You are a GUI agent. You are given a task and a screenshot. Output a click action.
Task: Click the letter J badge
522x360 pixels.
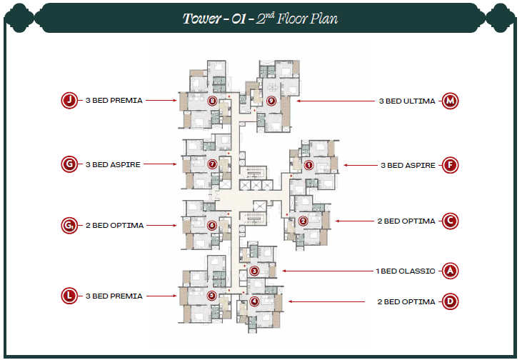[x=69, y=101]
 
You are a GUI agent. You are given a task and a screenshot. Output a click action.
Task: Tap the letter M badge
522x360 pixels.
[x=450, y=101]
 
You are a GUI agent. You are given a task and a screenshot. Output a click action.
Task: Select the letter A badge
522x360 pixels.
[x=450, y=271]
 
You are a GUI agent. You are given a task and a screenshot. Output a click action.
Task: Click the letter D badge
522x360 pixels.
[x=450, y=302]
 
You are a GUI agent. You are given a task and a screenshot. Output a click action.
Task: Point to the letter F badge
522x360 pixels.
[x=450, y=165]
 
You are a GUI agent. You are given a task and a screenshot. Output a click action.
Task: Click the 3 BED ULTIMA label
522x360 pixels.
[x=406, y=101]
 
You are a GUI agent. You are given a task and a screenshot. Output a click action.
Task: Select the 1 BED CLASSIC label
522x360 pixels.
[x=406, y=271]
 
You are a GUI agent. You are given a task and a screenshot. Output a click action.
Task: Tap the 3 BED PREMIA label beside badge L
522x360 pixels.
[x=114, y=296]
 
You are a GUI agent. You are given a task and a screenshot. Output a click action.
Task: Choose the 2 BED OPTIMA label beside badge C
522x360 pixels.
[x=406, y=221]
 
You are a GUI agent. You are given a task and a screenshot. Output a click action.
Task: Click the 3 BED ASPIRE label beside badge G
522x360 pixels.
[x=113, y=164]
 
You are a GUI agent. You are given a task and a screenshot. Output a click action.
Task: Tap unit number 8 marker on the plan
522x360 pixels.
[x=212, y=101]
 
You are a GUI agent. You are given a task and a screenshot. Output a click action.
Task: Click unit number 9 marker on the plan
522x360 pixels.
[x=271, y=101]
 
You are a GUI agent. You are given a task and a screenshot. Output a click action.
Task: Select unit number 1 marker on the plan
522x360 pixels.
[x=308, y=165]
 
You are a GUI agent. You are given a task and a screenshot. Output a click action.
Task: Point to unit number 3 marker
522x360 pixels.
[x=255, y=271]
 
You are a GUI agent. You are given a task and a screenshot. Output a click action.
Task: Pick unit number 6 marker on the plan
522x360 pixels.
[x=212, y=225]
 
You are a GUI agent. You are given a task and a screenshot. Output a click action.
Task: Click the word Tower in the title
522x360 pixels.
[x=202, y=19]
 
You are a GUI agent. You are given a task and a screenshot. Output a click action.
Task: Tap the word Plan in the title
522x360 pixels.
[x=323, y=19]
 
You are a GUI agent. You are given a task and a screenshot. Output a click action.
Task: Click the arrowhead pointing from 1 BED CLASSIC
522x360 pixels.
[x=283, y=271]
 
